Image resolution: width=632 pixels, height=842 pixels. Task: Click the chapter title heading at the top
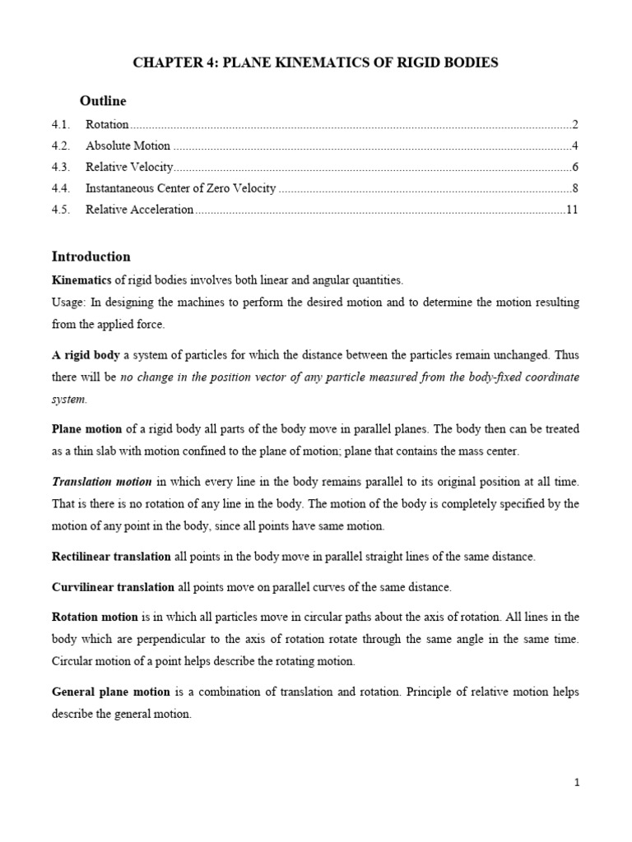pos(315,62)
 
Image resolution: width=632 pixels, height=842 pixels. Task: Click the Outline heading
pos(103,101)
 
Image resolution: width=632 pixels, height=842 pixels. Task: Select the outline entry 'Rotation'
pos(107,125)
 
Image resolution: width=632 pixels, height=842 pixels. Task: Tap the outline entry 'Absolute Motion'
pos(128,146)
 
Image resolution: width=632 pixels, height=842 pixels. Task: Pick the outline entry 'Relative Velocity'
pos(129,167)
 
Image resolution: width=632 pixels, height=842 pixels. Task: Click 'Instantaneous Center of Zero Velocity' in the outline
pos(180,188)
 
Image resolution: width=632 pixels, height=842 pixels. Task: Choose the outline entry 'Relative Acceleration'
pos(139,210)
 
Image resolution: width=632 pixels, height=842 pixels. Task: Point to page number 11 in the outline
pos(572,210)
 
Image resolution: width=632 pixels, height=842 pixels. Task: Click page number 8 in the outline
pos(575,188)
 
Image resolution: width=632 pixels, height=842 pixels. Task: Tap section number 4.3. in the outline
pos(62,167)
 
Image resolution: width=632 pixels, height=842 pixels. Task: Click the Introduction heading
pos(91,257)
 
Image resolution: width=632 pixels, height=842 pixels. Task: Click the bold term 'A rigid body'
pos(86,355)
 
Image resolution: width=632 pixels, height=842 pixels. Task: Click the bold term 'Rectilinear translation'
pos(111,557)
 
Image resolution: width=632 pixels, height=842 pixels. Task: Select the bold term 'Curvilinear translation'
pos(113,587)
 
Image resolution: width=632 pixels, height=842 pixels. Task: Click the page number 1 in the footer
pos(577,784)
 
